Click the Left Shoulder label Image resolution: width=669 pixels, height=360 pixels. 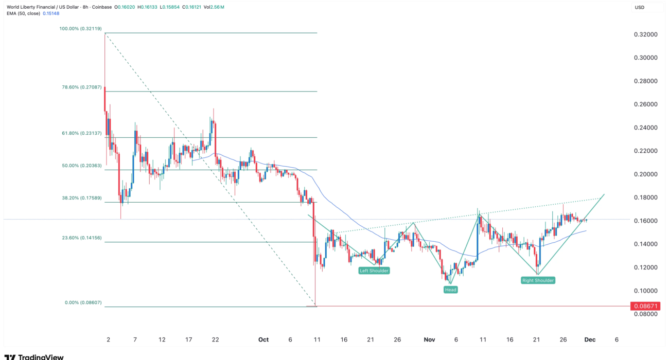(x=374, y=271)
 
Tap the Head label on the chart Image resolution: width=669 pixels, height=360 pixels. (x=450, y=290)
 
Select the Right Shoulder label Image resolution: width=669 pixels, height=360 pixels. (x=538, y=280)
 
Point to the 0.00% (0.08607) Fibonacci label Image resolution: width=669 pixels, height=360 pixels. (x=85, y=302)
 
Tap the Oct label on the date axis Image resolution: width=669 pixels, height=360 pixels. (x=263, y=339)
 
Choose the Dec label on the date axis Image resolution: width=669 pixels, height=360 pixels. (x=590, y=339)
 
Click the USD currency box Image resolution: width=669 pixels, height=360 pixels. (x=640, y=7)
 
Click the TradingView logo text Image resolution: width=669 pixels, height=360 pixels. (x=41, y=356)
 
